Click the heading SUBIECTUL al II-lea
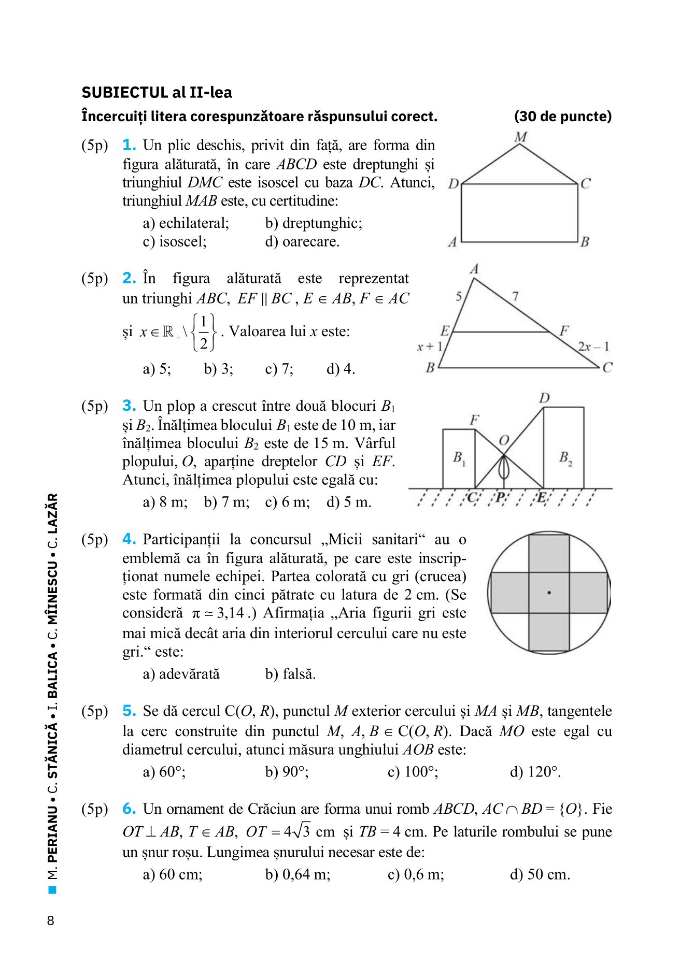pyautogui.click(x=157, y=93)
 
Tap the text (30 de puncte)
pyautogui.click(x=562, y=117)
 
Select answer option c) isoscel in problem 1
pyautogui.click(x=175, y=241)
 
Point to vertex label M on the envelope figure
pyautogui.click(x=520, y=137)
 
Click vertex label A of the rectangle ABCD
pyautogui.click(x=452, y=242)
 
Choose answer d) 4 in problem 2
pyautogui.click(x=340, y=369)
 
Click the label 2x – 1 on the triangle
pyautogui.click(x=593, y=347)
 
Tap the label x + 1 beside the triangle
pyautogui.click(x=430, y=347)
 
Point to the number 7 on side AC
pyautogui.click(x=515, y=296)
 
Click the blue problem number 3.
pyautogui.click(x=129, y=406)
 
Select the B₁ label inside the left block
pyautogui.click(x=459, y=457)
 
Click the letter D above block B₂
pyautogui.click(x=544, y=398)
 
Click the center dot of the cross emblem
pyautogui.click(x=549, y=592)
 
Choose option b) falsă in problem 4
pyautogui.click(x=290, y=674)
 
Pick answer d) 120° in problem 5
pyautogui.click(x=535, y=772)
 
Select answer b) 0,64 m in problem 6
pyautogui.click(x=298, y=874)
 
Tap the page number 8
pyautogui.click(x=50, y=920)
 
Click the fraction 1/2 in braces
pyautogui.click(x=204, y=332)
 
